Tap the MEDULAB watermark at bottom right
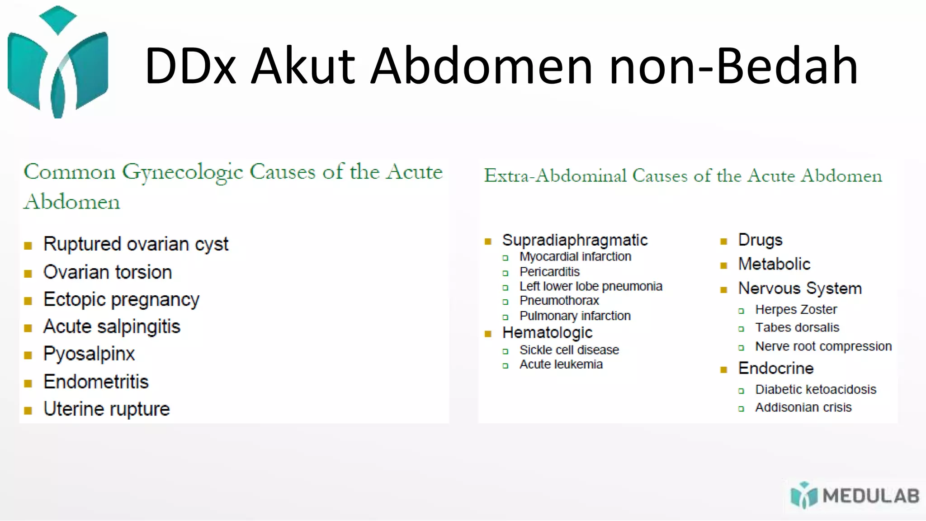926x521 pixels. (x=855, y=496)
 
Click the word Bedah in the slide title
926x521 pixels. (x=787, y=66)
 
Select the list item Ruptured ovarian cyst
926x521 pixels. (x=136, y=244)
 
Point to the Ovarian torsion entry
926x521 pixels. (x=108, y=272)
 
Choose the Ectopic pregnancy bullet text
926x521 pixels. (x=121, y=300)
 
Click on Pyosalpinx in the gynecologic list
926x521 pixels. (x=89, y=354)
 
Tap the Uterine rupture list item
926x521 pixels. (x=107, y=409)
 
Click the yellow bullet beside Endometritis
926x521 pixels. (x=28, y=384)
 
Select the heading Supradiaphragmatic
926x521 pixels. (x=575, y=240)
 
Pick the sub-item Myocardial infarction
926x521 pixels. (x=575, y=256)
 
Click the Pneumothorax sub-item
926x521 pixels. (x=559, y=301)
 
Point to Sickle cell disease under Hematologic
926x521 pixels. (x=569, y=350)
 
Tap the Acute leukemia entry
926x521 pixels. (x=561, y=365)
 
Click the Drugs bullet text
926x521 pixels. (x=760, y=240)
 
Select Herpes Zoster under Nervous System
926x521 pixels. (x=796, y=310)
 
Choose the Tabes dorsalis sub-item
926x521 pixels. (x=797, y=327)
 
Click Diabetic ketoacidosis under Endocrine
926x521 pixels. (x=816, y=389)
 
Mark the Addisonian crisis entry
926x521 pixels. (x=803, y=407)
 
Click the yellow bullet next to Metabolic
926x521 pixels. (x=723, y=265)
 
